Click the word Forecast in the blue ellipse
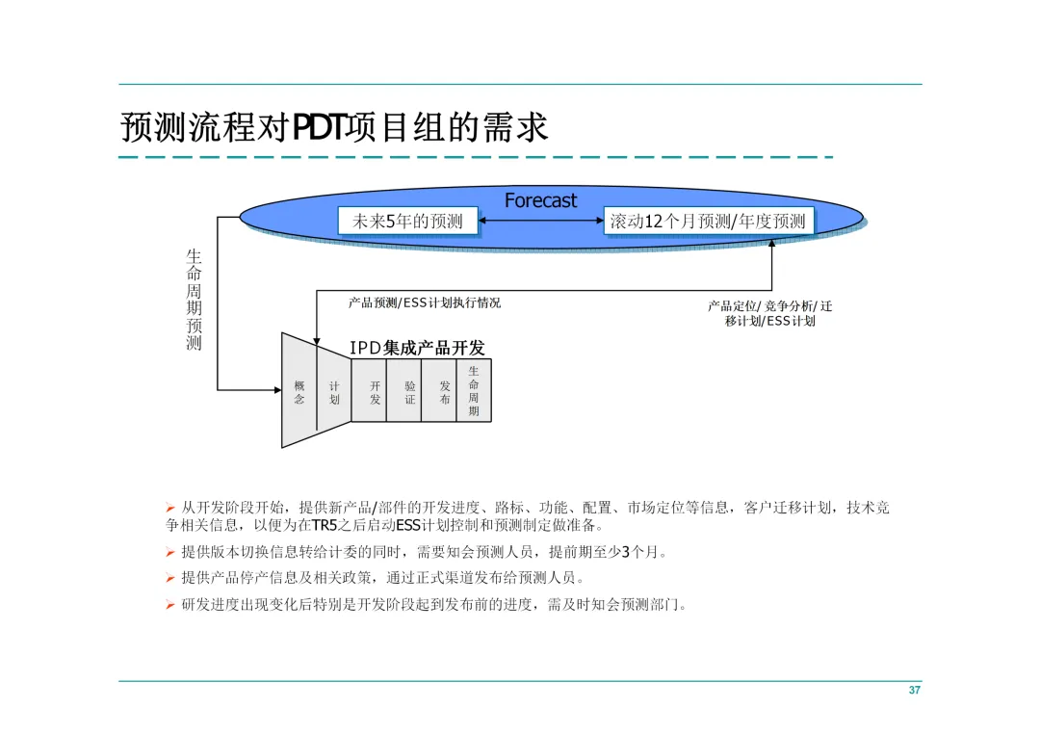[x=540, y=200]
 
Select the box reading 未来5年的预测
[x=407, y=222]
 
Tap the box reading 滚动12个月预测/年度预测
[x=708, y=222]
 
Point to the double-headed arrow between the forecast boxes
[x=540, y=222]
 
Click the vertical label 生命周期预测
[x=195, y=300]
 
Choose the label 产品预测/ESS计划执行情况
[x=425, y=302]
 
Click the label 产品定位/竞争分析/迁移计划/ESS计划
[x=770, y=313]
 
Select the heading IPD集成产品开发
[x=417, y=348]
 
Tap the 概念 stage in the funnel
[x=299, y=392]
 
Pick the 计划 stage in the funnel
[x=333, y=392]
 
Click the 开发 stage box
[x=375, y=392]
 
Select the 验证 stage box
[x=409, y=392]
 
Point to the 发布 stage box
[x=444, y=392]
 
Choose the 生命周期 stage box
[x=474, y=390]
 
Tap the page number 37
[x=915, y=691]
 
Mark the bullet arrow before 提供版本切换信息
[x=170, y=552]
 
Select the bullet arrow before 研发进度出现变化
[x=170, y=604]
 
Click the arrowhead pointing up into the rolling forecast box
[x=772, y=241]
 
